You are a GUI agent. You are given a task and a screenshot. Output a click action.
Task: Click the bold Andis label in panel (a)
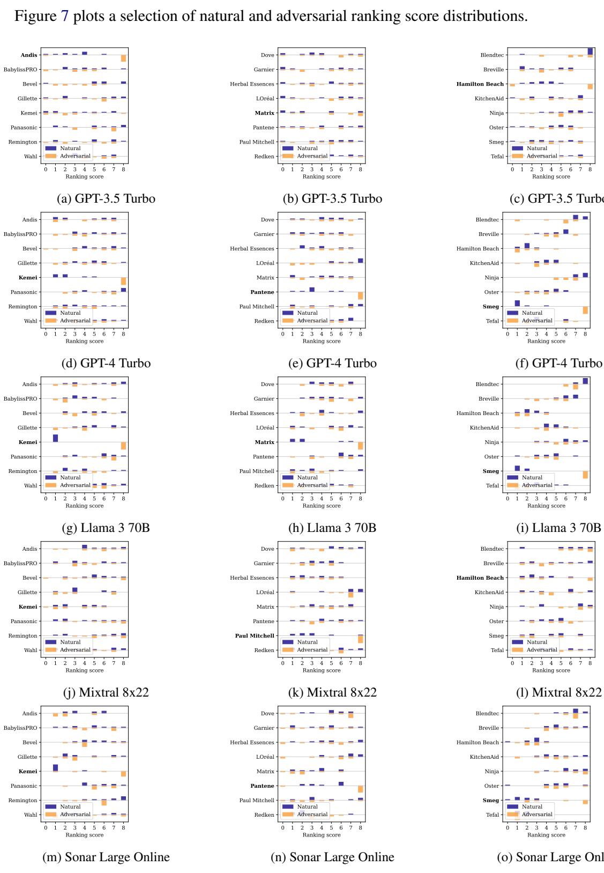[29, 55]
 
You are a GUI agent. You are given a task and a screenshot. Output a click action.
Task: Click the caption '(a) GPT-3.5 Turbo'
[106, 198]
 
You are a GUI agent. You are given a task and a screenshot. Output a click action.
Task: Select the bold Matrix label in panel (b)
[265, 113]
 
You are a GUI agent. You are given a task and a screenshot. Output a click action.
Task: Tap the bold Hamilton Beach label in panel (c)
[480, 84]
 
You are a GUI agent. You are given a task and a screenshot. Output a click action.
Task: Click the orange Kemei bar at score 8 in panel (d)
[123, 282]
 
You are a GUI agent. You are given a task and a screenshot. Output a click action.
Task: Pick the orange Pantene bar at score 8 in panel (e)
[361, 296]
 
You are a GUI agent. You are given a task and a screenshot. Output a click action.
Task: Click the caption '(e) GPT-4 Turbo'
[332, 363]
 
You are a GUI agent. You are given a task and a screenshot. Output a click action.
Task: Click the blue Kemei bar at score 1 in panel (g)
[55, 438]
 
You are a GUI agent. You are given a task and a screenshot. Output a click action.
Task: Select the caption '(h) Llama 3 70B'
[332, 528]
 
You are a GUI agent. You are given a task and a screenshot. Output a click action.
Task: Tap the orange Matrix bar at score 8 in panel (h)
[361, 446]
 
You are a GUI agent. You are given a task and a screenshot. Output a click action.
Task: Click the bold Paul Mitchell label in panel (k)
[255, 636]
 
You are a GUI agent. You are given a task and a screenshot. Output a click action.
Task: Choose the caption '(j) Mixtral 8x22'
[106, 692]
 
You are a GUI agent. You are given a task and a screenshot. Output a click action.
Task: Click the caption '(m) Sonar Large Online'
[106, 857]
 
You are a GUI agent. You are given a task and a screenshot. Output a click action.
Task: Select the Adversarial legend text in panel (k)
[312, 650]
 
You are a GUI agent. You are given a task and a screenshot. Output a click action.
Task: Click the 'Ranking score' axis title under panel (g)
[85, 506]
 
